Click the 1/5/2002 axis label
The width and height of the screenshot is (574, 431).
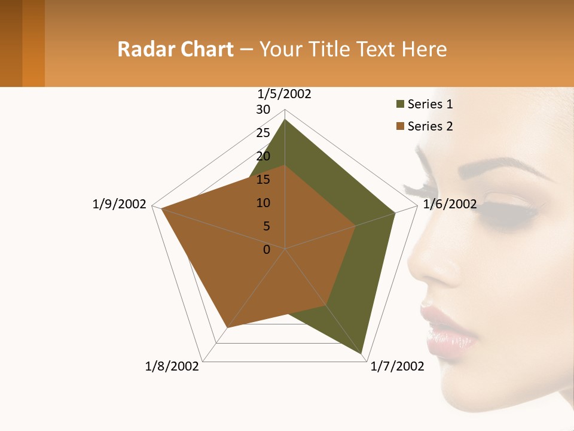(284, 94)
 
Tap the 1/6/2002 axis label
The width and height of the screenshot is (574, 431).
(450, 204)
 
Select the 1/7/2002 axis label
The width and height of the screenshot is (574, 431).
(398, 366)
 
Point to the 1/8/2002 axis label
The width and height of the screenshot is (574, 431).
(172, 366)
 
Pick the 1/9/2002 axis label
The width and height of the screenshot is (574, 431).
(119, 204)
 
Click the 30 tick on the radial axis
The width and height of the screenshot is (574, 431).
(263, 110)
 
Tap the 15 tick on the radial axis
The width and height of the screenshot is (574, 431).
(263, 180)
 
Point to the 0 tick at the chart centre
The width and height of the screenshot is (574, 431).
(267, 250)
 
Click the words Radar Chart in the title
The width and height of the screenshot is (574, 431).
(175, 49)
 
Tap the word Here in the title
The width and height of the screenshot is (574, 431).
(425, 49)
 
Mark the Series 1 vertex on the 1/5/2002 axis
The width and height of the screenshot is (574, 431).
(285, 120)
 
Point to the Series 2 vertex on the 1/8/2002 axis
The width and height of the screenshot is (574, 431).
(227, 328)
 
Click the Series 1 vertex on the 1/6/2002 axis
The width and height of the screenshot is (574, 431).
(395, 213)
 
